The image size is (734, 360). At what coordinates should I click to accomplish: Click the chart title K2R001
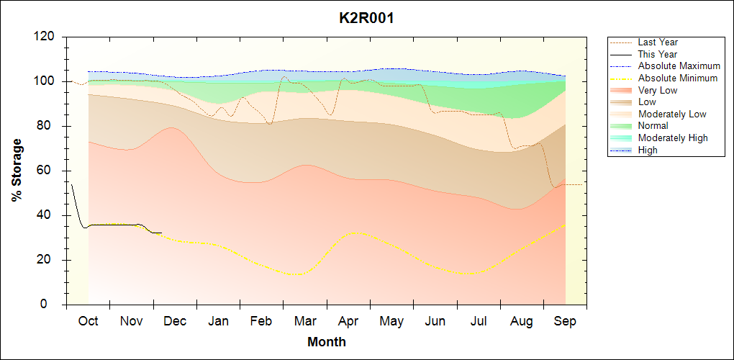[366, 18]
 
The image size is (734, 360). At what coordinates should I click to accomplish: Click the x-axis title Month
[327, 342]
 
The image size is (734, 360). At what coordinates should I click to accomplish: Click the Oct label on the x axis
[88, 321]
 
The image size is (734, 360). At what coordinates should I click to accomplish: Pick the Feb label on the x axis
[262, 321]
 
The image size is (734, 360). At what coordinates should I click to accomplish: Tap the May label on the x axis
[392, 321]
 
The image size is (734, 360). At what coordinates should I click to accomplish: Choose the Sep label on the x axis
[565, 321]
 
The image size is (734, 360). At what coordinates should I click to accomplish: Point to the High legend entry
[648, 150]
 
